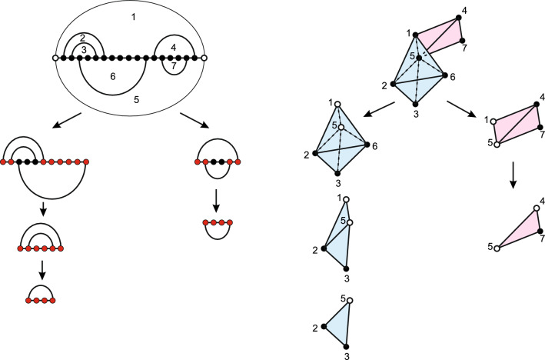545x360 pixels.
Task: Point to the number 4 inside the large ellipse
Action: (174, 47)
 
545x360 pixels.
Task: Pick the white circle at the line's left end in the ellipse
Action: (55, 58)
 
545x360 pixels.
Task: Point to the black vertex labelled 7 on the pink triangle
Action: (540, 231)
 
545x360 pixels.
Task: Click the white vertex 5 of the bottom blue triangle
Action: (350, 300)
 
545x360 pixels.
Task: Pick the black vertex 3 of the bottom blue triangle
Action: (347, 346)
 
